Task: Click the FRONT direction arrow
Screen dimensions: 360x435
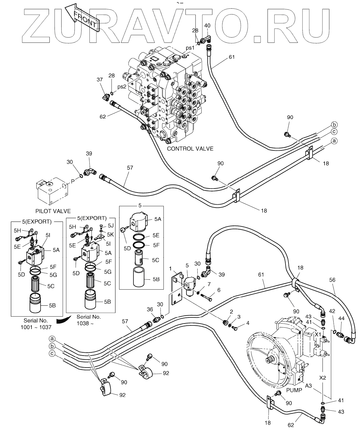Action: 82,19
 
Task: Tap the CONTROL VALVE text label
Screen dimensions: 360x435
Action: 190,149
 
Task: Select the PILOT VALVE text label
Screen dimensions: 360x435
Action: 53,211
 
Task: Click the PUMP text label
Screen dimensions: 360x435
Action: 294,390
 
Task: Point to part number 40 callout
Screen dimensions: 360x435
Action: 207,26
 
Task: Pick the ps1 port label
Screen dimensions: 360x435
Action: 190,48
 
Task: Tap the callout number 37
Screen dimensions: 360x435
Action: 100,79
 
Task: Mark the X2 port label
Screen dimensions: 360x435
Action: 322,378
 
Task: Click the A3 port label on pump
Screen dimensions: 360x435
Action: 308,386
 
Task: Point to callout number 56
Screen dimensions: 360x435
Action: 332,280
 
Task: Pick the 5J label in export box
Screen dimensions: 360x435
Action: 111,226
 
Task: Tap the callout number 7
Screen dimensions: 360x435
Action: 209,284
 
